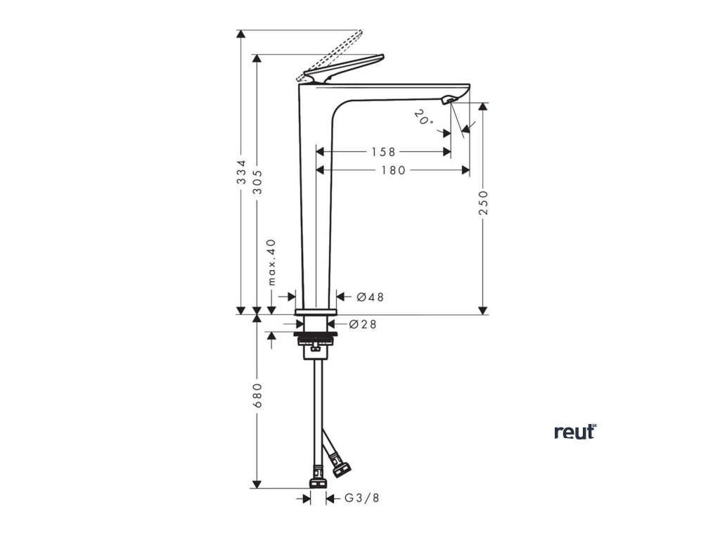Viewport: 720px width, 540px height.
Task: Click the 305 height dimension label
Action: (x=257, y=182)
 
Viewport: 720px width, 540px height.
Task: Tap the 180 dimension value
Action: (x=393, y=169)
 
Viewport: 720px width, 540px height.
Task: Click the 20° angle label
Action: (x=423, y=117)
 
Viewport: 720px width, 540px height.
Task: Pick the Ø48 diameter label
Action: (x=370, y=297)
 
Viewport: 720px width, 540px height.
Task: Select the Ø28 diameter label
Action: (x=363, y=324)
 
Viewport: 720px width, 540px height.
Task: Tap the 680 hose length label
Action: (x=257, y=395)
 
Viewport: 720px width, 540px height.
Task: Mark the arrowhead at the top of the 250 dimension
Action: (x=483, y=106)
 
